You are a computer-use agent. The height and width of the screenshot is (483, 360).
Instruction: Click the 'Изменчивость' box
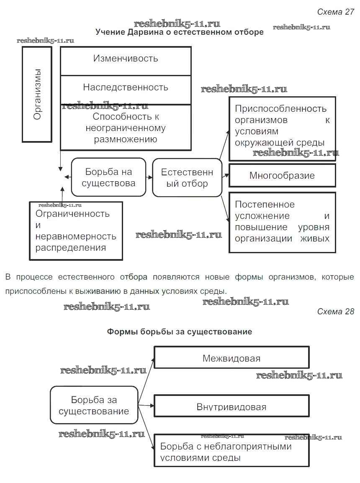(126, 59)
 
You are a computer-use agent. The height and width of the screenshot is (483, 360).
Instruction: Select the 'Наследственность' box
(126, 87)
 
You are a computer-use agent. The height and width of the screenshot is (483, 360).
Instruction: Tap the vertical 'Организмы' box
(37, 94)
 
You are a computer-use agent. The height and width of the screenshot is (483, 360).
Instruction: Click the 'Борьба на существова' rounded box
(108, 177)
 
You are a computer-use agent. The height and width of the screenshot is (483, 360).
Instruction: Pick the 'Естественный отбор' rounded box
(187, 177)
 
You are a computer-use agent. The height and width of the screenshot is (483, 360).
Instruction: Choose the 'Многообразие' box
(282, 175)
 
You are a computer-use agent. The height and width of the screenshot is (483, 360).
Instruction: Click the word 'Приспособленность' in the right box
(280, 109)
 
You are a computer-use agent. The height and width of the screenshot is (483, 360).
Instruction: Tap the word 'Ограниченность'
(72, 214)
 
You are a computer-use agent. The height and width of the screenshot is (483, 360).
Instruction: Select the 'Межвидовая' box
(231, 358)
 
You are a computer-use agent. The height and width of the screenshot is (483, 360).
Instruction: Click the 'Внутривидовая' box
(231, 407)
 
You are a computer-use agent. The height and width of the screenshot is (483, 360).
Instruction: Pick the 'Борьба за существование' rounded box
(94, 405)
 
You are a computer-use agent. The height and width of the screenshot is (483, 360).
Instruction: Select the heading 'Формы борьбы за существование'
(180, 332)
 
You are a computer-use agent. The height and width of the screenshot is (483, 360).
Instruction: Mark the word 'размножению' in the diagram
(126, 139)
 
